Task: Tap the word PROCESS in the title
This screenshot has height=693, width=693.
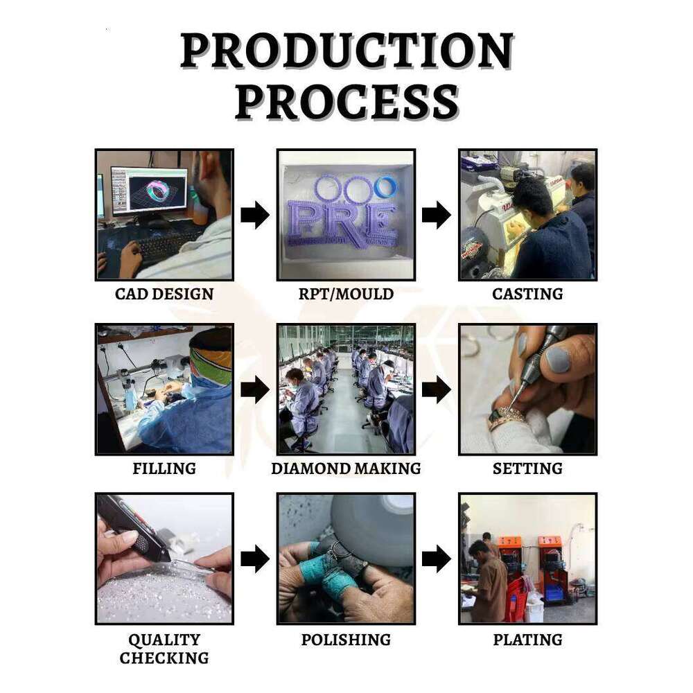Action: pyautogui.click(x=347, y=103)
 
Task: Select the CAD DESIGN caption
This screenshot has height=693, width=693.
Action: pyautogui.click(x=164, y=294)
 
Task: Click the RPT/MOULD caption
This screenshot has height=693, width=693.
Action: pyautogui.click(x=346, y=294)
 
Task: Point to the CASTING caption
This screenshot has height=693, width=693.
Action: pyautogui.click(x=527, y=294)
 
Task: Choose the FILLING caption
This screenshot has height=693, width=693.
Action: pyautogui.click(x=164, y=468)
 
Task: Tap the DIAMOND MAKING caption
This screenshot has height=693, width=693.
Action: pyautogui.click(x=346, y=468)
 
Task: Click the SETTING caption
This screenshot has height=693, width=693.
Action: pyautogui.click(x=527, y=468)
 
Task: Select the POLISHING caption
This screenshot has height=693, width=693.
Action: pyautogui.click(x=346, y=640)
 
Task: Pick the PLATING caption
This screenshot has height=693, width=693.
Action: pyautogui.click(x=527, y=640)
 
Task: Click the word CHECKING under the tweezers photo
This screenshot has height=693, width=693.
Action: pyautogui.click(x=164, y=658)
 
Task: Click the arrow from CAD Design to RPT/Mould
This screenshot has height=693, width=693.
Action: pyautogui.click(x=255, y=215)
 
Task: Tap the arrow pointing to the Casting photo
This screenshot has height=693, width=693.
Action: pyautogui.click(x=436, y=215)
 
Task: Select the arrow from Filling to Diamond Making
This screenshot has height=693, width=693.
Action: pyautogui.click(x=255, y=389)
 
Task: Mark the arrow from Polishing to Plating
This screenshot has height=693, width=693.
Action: pyautogui.click(x=436, y=559)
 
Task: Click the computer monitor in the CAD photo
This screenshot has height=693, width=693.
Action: pyautogui.click(x=149, y=191)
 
